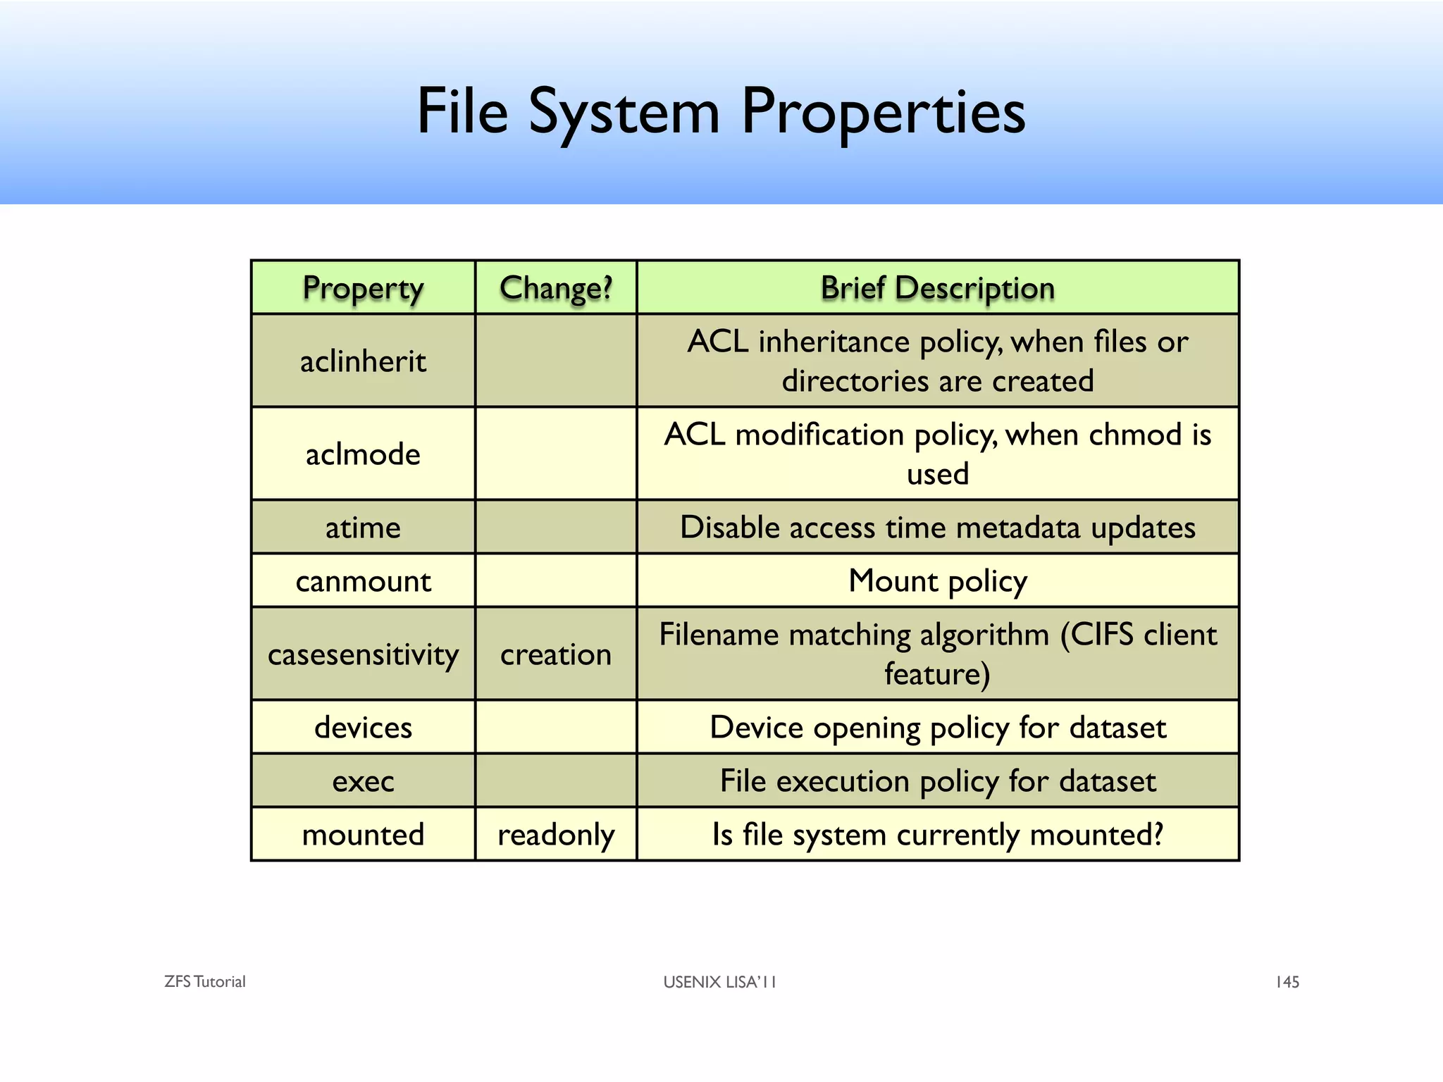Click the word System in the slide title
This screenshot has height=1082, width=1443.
[624, 113]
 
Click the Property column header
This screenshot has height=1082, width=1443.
[363, 288]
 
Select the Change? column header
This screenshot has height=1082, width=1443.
[556, 288]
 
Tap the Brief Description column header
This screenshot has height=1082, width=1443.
[937, 288]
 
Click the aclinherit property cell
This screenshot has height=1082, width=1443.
[363, 361]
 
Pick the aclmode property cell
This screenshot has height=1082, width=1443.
[363, 454]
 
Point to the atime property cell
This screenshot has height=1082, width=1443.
[363, 528]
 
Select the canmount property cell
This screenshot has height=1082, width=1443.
[363, 581]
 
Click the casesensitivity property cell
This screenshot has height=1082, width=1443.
[363, 654]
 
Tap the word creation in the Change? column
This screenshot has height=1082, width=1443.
[556, 654]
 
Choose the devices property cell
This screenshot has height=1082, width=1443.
[363, 728]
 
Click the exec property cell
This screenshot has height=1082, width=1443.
[363, 781]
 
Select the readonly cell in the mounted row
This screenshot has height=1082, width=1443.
[556, 835]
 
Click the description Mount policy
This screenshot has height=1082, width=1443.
[937, 581]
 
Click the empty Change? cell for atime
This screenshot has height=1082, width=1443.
[556, 528]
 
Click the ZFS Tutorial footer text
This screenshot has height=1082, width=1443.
[204, 981]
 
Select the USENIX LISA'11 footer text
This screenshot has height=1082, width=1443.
[719, 981]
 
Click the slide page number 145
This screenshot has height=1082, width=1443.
[1287, 981]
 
